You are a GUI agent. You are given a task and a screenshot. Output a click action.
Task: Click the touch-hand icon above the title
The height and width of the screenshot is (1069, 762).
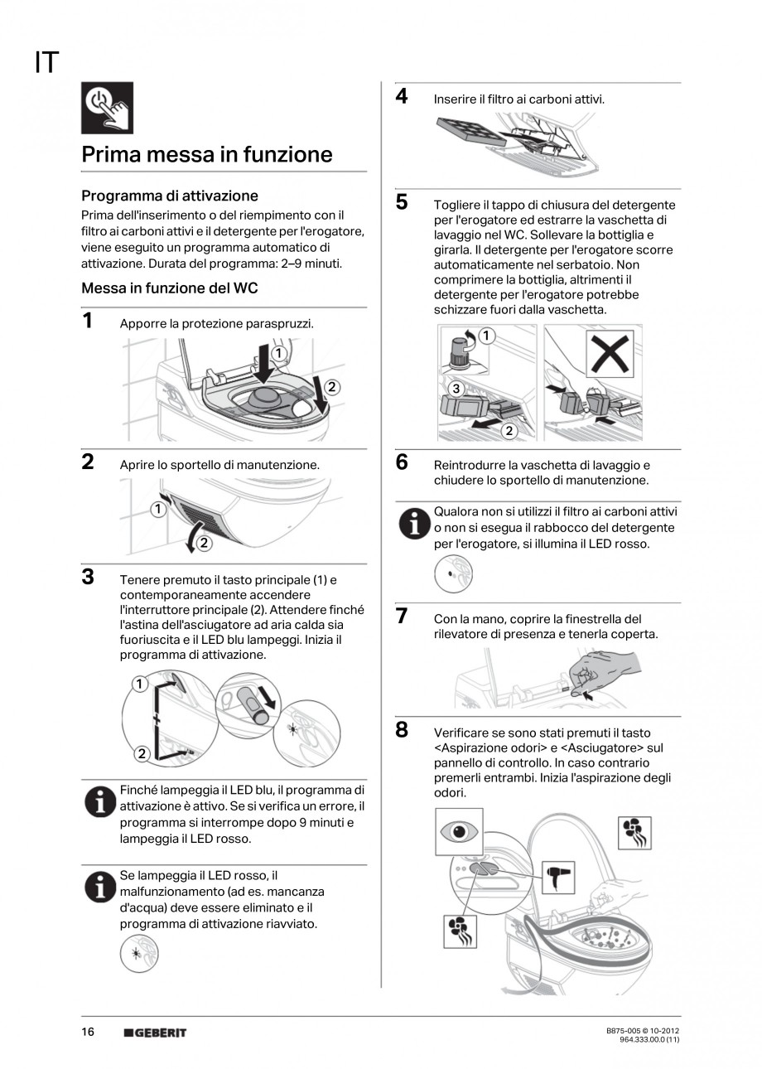[x=107, y=108]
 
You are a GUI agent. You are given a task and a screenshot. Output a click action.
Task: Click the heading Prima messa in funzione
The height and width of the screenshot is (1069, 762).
[x=206, y=155]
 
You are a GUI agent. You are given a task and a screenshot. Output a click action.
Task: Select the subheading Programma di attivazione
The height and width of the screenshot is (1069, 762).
[x=169, y=196]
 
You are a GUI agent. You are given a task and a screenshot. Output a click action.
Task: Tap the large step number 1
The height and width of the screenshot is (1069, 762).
[x=87, y=321]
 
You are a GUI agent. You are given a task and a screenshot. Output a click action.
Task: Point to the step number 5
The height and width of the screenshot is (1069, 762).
[x=401, y=202]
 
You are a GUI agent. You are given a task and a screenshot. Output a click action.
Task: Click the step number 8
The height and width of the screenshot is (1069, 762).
[x=401, y=730]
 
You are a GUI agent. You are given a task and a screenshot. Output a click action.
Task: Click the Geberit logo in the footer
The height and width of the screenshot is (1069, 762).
[x=155, y=1033]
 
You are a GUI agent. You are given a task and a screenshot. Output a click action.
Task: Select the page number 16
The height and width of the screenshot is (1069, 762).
[x=88, y=1032]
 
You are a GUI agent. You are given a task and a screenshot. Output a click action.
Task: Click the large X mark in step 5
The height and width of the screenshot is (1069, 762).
[x=611, y=351]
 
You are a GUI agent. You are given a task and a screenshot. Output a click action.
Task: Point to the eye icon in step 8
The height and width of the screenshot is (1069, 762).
[x=458, y=831]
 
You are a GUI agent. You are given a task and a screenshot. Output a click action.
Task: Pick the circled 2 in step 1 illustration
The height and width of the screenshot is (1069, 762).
[x=332, y=386]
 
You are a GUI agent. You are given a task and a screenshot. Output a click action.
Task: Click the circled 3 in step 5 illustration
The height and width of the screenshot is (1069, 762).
[x=455, y=388]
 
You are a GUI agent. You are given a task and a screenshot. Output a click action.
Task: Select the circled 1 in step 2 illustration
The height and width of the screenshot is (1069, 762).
[x=156, y=510]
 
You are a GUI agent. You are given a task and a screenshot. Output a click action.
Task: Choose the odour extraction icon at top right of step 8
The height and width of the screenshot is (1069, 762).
[x=634, y=833]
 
